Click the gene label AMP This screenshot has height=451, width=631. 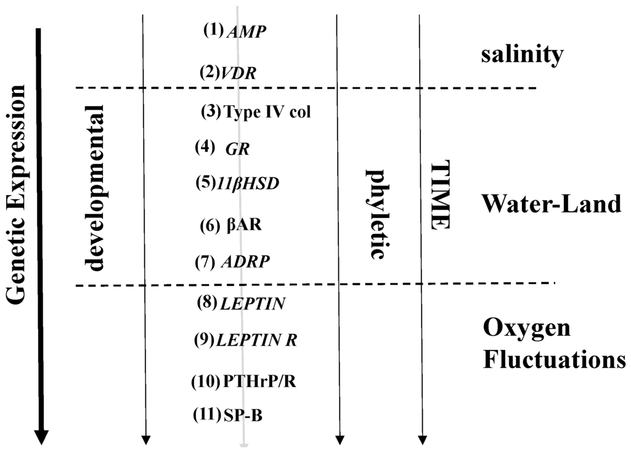coord(246,33)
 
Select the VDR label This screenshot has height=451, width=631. coord(237,73)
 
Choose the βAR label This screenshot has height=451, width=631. coord(243,225)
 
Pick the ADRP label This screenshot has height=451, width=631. coord(245,262)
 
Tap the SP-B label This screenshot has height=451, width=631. coord(243,416)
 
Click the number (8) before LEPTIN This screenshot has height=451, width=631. coord(206,303)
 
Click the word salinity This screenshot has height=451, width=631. coord(522,55)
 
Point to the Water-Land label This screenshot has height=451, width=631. coord(552,203)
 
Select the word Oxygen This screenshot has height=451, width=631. coord(526,329)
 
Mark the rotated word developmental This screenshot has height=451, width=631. coord(94,187)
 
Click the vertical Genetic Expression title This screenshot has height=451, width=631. coord(17,193)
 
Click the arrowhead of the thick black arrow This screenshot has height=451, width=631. coord(41,437)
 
